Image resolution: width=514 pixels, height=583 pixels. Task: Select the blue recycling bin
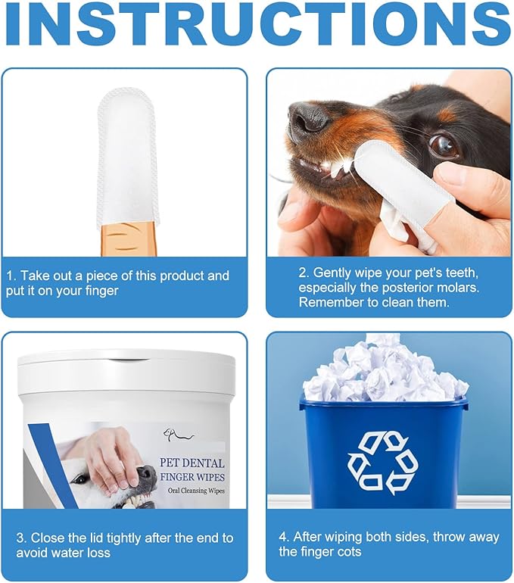pos(383,454)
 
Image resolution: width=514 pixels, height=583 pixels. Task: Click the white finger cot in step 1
pos(128,155)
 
